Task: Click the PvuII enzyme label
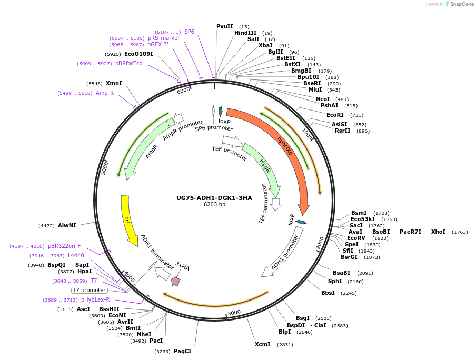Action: pos(225,26)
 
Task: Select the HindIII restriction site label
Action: pos(245,33)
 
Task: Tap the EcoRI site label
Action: pos(335,115)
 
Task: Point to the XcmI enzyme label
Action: pos(262,344)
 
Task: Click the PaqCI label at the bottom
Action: pos(183,351)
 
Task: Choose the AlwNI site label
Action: pos(67,225)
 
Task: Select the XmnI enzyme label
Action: pos(114,83)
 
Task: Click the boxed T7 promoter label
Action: pos(90,290)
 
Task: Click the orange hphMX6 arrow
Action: pos(287,147)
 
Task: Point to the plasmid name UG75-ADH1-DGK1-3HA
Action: pos(214,198)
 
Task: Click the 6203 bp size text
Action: pos(214,205)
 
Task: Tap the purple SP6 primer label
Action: pos(189,32)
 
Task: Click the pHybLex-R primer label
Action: pos(95,299)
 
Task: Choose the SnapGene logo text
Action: pos(460,4)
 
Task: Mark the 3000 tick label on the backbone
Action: pos(234,312)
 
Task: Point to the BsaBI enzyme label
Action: pos(341,273)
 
